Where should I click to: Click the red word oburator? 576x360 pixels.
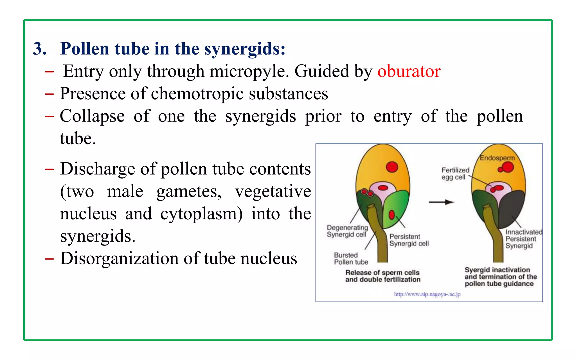[x=409, y=71]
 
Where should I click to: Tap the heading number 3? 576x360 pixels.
[x=40, y=49]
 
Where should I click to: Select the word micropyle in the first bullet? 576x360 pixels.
[x=249, y=71]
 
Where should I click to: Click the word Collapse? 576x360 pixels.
[x=92, y=116]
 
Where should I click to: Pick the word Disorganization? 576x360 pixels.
[x=119, y=258]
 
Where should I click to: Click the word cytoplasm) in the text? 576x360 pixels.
[x=201, y=214]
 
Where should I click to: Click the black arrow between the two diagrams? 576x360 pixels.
[x=441, y=202]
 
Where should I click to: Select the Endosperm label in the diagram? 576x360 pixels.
[x=497, y=158]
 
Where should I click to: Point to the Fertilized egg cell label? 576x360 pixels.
[x=455, y=174]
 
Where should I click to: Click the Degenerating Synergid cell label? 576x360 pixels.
[x=347, y=231]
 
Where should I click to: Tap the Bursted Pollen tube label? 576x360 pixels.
[x=351, y=258]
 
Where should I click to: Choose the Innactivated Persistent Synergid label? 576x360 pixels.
[x=523, y=239]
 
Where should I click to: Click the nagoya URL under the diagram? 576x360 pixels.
[x=427, y=294]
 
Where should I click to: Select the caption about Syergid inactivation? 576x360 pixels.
[x=500, y=277]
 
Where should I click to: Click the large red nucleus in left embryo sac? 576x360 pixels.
[x=392, y=167]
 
